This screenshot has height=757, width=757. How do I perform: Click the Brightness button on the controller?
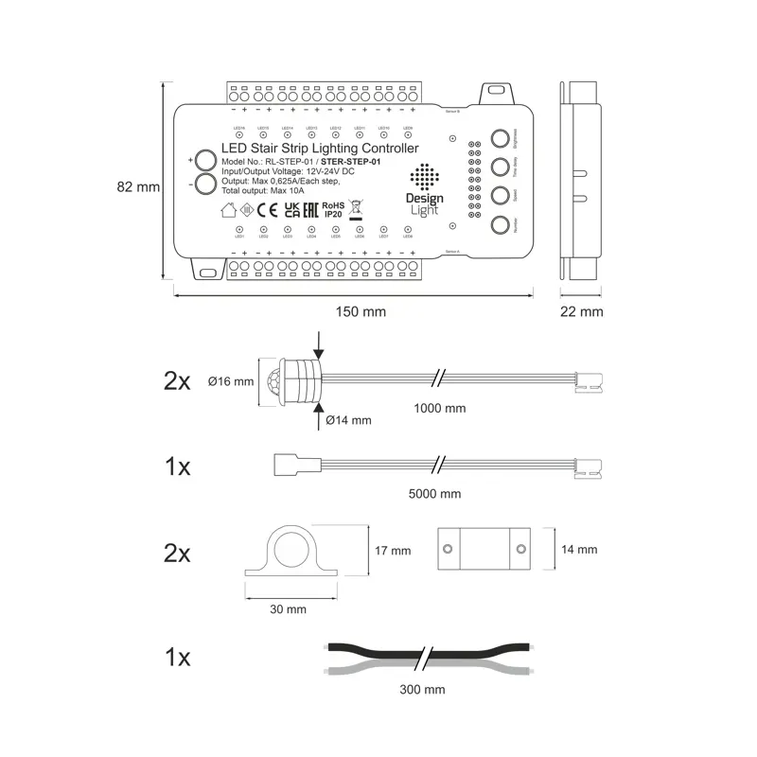pos(501,139)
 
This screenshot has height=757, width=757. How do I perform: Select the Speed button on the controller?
pos(501,196)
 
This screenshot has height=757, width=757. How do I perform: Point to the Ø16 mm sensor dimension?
pos(231,382)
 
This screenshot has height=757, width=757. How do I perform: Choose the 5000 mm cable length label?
pos(436,494)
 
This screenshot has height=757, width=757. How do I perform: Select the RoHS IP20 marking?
pos(332,208)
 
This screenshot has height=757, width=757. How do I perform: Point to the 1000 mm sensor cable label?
pos(441,409)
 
